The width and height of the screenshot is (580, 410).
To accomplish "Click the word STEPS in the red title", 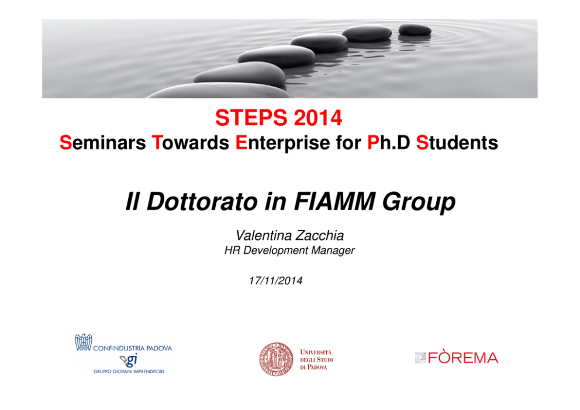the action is coord(251,118).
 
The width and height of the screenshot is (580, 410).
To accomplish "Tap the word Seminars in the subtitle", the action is coord(103,143).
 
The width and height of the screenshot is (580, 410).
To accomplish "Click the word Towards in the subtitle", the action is coord(191,143).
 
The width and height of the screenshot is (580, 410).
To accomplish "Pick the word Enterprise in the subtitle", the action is coord(282,143).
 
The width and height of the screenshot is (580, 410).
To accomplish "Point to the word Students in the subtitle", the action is coord(457,143).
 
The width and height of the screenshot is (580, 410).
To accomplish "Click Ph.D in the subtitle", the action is coord(388,143).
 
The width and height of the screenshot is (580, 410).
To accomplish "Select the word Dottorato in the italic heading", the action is coord(202,202).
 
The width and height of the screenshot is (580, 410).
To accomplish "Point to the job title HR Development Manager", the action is coord(289,250).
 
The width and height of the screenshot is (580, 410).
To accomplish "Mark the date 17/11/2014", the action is coord(275,281).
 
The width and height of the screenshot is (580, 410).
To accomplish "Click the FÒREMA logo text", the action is coord(463,358).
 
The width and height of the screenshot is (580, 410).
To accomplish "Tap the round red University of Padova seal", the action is coord(277,359).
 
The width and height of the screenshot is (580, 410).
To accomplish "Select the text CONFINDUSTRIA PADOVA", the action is coord(132,348).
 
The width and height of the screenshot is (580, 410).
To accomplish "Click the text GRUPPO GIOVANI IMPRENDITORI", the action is coord(129,371).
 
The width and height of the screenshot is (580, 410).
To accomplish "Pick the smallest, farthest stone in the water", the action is coord(415,30).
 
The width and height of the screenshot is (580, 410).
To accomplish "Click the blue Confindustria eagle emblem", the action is coord(84,342).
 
